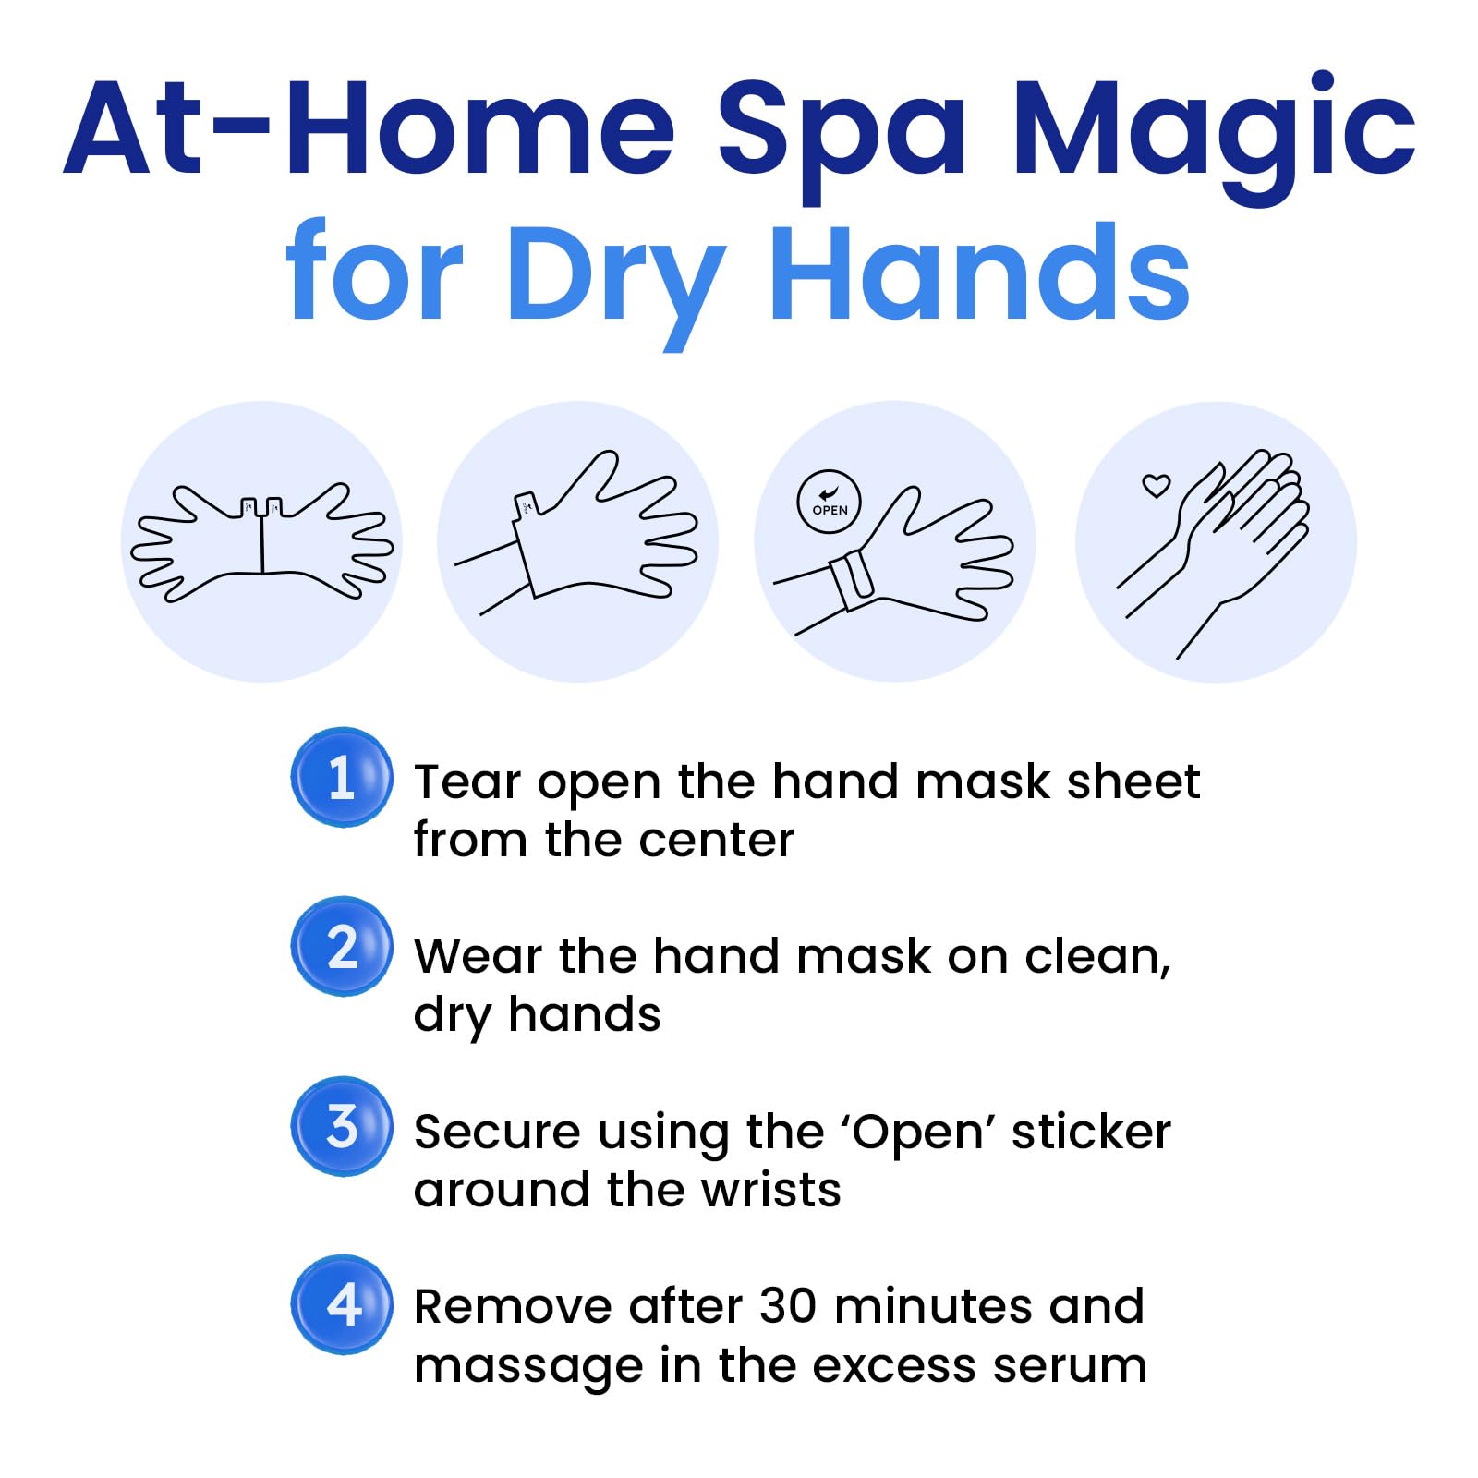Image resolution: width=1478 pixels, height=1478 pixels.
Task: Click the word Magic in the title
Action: coord(1214,129)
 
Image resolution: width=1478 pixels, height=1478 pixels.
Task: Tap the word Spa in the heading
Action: coord(842,129)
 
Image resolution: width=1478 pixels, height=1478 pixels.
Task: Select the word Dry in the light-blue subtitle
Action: coord(616,274)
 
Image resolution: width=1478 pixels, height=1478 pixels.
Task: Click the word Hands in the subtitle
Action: coord(979,268)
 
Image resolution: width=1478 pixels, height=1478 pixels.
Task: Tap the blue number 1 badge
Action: coord(342,777)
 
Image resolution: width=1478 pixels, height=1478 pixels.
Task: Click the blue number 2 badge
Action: coord(342,947)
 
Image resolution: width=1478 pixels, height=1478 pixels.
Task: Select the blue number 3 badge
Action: coord(342,1126)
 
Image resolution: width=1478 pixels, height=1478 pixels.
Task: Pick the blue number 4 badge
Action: coord(342,1304)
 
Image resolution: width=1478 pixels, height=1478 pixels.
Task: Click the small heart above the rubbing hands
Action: coord(1156,485)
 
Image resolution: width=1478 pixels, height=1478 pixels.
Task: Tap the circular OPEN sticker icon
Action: coord(829,503)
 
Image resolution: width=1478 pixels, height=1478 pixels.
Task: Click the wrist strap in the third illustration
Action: coord(852,578)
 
